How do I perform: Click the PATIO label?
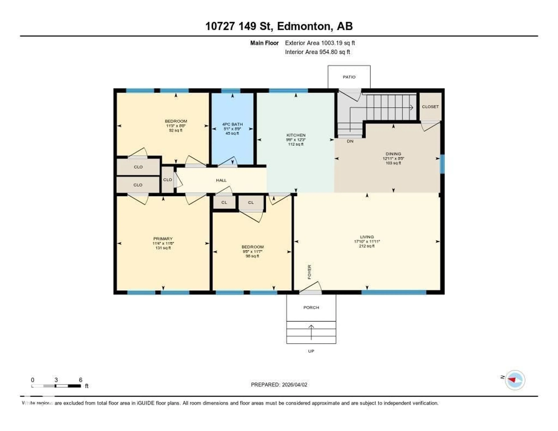[349, 77]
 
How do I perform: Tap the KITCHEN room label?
[296, 135]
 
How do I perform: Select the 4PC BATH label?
[232, 124]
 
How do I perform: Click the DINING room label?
[393, 154]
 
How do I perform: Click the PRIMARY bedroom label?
[163, 239]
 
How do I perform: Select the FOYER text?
[309, 272]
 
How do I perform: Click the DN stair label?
[350, 141]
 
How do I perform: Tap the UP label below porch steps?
[311, 351]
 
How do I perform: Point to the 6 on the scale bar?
[81, 380]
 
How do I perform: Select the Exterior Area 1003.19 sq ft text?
[320, 43]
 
